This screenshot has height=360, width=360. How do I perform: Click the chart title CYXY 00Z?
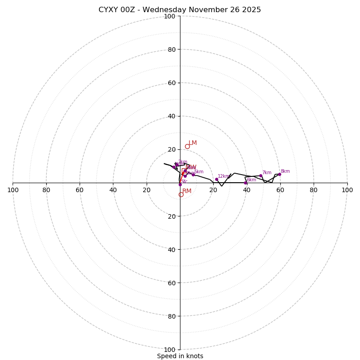click(x=180, y=10)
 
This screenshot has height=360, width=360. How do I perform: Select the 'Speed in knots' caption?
click(x=180, y=356)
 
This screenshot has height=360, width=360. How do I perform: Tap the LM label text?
click(x=193, y=143)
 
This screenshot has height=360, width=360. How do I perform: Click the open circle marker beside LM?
click(x=187, y=146)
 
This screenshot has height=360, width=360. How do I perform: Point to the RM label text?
click(x=187, y=191)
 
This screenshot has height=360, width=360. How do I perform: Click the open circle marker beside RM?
click(x=181, y=194)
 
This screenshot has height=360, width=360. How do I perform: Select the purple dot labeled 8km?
click(x=279, y=174)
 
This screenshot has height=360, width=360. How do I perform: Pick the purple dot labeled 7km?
click(x=261, y=175)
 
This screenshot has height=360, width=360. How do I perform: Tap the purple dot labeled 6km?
click(x=245, y=183)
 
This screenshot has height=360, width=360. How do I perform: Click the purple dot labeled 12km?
click(x=216, y=179)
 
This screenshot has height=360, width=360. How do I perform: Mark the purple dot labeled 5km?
click(x=193, y=175)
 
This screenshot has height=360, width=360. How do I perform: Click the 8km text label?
click(x=285, y=171)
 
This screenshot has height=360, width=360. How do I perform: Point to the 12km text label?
click(x=224, y=176)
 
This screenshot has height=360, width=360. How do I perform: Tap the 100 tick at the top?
click(x=169, y=16)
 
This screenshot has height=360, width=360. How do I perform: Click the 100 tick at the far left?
click(x=13, y=190)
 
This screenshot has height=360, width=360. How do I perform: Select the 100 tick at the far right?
click(x=347, y=190)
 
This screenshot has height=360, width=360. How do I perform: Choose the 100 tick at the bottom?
click(x=169, y=349)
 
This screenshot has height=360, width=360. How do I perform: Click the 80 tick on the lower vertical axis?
click(x=171, y=316)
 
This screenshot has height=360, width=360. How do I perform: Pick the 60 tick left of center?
click(x=80, y=190)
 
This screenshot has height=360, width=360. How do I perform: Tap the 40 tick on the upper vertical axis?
click(x=171, y=116)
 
